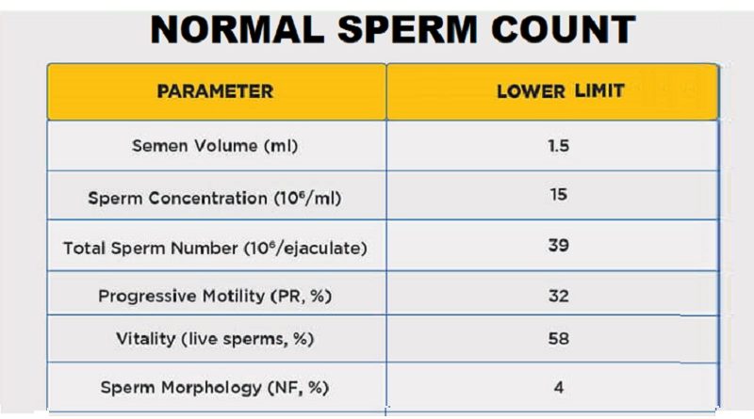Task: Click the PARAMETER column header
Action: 215,91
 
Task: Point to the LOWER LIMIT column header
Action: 560,91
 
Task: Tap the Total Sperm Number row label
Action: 215,249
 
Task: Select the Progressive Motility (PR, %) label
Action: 215,296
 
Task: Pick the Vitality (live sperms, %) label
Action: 215,339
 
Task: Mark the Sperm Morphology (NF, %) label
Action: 215,387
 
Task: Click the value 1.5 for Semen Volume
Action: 558,147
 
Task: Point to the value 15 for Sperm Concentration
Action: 558,198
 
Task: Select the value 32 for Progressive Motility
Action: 558,296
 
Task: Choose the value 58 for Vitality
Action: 558,339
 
